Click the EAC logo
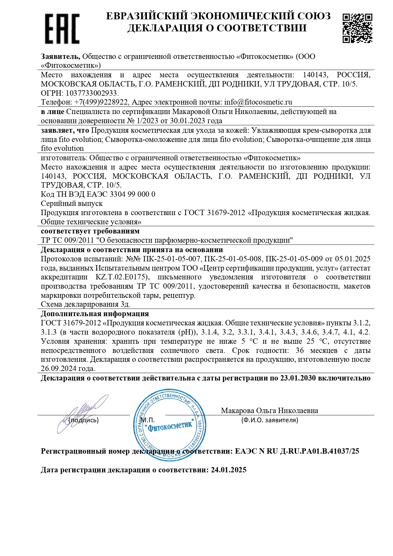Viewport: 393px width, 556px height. tap(62, 29)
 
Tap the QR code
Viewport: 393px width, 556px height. tap(357, 28)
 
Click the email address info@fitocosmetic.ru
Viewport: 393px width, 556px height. tap(258, 102)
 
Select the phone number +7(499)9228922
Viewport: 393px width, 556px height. tap(101, 102)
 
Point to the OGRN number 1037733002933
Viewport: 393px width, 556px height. tap(92, 93)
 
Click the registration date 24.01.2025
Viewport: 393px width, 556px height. tap(229, 470)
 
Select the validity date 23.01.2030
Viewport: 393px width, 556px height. tap(298, 378)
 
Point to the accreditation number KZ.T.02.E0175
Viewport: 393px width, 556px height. tap(122, 277)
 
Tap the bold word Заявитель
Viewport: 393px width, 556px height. tap(60, 56)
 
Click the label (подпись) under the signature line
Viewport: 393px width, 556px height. tap(84, 420)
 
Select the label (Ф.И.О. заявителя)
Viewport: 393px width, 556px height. tap(269, 420)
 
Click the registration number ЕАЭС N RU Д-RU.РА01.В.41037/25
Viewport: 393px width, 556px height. tap(297, 451)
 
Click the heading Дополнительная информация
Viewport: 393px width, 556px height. tap(95, 314)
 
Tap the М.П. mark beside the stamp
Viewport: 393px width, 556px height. tap(148, 420)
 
